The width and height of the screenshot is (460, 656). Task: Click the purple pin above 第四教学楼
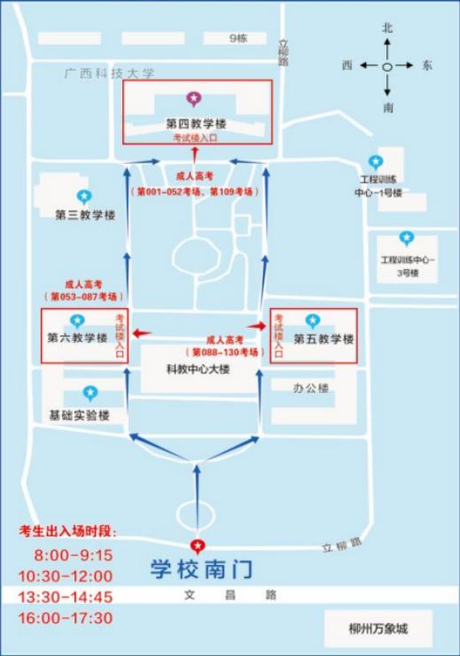(193, 99)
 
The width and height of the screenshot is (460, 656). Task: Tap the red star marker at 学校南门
(197, 545)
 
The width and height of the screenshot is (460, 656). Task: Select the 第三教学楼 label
(85, 215)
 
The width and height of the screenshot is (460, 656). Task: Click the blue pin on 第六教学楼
(76, 320)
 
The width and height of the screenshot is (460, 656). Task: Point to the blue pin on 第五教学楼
(313, 320)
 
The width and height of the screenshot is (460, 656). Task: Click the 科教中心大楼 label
(199, 369)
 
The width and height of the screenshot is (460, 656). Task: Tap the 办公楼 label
(310, 388)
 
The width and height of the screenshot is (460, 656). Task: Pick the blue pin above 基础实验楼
(90, 393)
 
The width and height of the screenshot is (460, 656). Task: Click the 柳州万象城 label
(378, 629)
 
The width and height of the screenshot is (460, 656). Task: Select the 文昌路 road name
(230, 595)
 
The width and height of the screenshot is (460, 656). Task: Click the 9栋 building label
(238, 38)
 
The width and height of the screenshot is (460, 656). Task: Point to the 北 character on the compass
(387, 27)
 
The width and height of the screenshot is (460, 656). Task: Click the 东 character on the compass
(427, 66)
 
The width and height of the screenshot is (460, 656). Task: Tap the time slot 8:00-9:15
(74, 555)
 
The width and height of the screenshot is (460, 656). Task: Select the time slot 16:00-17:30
(66, 618)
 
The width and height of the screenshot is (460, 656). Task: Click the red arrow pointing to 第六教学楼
(142, 333)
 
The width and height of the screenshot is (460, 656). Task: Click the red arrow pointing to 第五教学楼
(257, 326)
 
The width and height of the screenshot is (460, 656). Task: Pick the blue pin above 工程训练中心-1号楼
(376, 162)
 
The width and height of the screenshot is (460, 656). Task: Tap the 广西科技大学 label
(109, 73)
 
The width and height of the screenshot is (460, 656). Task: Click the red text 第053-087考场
(84, 297)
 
